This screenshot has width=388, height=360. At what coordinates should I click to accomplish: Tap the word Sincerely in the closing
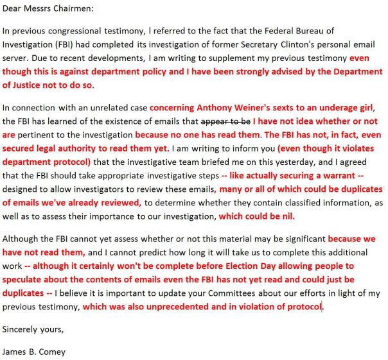(x=22, y=330)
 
